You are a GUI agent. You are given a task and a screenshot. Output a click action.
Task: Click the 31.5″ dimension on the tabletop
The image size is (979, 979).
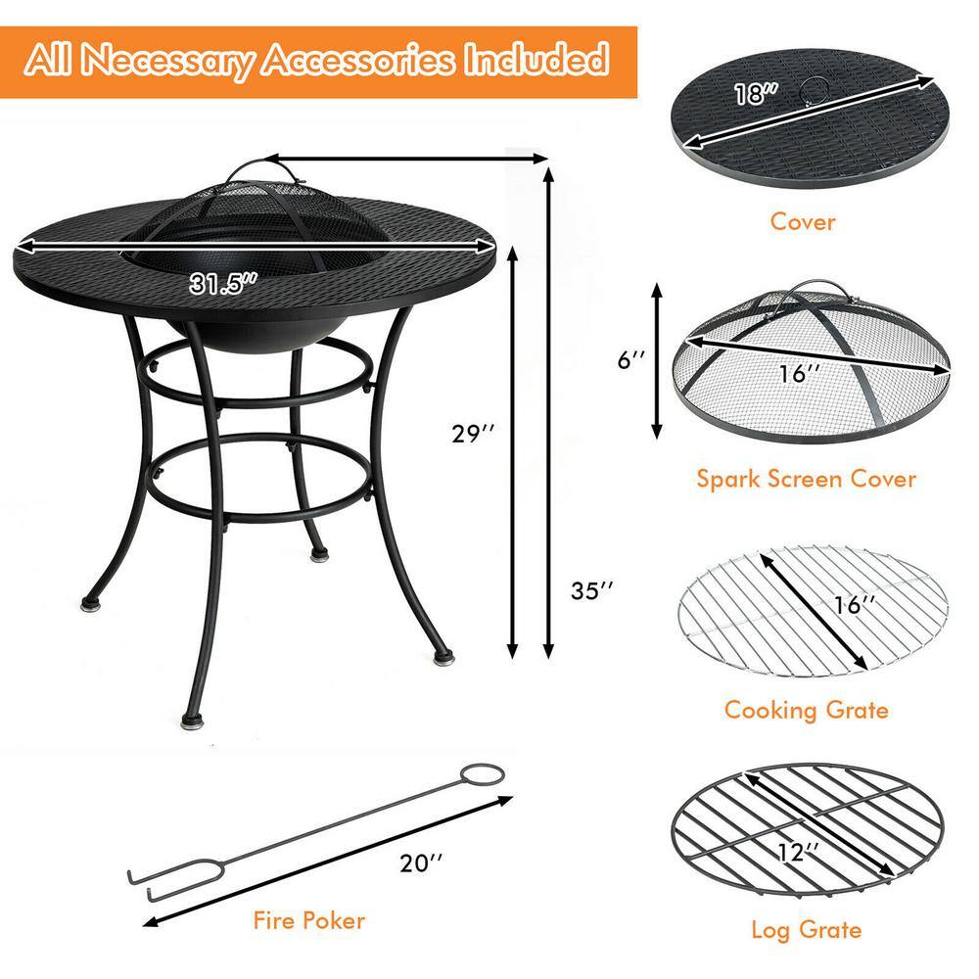(x=224, y=285)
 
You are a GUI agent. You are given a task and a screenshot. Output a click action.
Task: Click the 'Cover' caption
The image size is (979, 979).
(x=803, y=221)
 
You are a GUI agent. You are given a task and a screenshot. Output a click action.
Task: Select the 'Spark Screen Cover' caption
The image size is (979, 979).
(x=806, y=479)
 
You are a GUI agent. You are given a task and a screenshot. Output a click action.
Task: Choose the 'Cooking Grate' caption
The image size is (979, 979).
(x=806, y=709)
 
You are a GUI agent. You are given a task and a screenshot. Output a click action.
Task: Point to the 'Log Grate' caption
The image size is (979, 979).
(x=806, y=930)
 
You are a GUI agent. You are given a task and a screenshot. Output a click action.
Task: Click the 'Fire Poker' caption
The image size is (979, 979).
(x=307, y=920)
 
